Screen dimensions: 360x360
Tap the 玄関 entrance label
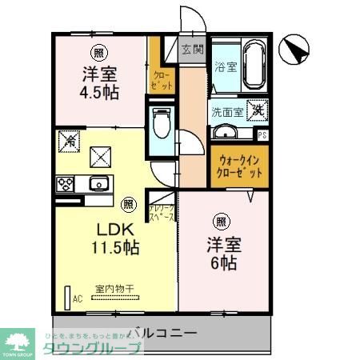192,49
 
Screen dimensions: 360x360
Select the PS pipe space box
262,134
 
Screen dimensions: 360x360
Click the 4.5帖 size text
100,92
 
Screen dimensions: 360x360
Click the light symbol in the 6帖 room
221,221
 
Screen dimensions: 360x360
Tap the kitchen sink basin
98,183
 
